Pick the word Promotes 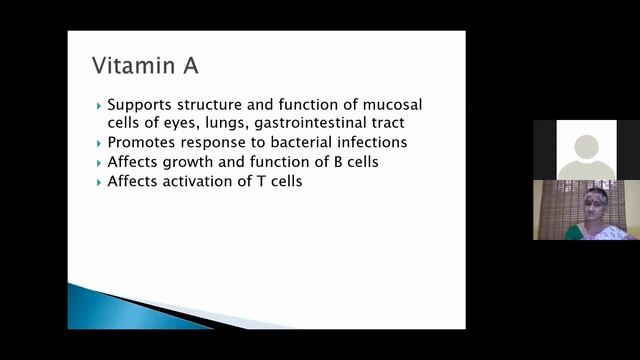143,142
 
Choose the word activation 211,181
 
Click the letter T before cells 265,181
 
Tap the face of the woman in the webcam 597,202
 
